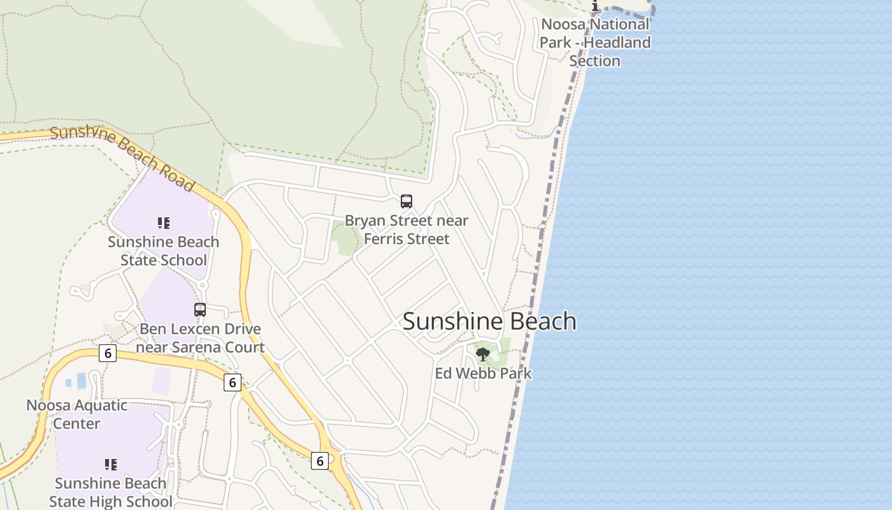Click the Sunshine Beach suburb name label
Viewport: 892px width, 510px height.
pos(489,321)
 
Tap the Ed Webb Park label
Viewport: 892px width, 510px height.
pos(483,373)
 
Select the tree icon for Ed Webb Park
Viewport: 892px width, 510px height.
pos(483,354)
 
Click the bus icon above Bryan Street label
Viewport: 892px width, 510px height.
pos(406,201)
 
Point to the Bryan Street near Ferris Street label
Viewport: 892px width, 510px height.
pos(406,229)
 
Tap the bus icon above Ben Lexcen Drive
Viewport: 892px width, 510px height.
pos(200,310)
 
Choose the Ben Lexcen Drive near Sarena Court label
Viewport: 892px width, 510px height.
pos(200,339)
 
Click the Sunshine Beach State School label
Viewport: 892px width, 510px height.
pos(164,251)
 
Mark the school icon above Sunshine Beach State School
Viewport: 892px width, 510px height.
pos(164,223)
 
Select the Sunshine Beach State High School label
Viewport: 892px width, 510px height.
pos(111,492)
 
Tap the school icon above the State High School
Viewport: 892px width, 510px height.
pos(111,465)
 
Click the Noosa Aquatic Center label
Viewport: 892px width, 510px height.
pos(76,414)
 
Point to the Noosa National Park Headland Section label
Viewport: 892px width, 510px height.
pos(595,43)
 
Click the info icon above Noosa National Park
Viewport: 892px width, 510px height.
pos(595,6)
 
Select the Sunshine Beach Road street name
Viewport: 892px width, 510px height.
pos(122,158)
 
